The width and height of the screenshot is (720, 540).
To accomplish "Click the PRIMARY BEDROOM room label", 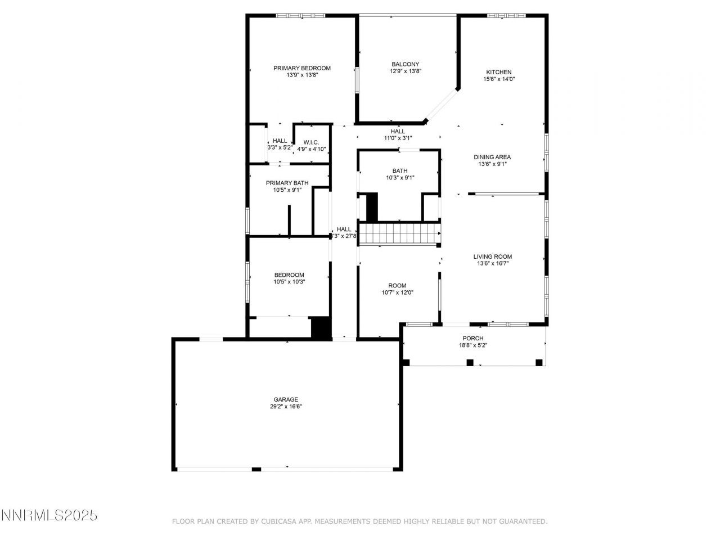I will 301,68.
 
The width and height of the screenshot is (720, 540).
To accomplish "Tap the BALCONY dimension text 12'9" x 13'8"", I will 405,71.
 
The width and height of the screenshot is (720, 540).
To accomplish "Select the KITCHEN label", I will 499,72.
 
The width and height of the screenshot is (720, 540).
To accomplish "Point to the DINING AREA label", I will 492,157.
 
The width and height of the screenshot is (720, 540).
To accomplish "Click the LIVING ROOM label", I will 492,256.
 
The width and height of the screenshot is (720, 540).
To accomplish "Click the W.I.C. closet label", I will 311,142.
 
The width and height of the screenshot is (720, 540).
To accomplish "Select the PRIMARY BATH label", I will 287,183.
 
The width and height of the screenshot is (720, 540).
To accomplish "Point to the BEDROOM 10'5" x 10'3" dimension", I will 289,282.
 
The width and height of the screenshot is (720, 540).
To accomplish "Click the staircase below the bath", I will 399,233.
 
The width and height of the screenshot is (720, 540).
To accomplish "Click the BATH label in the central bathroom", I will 400,170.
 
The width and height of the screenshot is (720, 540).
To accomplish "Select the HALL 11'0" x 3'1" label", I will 398,131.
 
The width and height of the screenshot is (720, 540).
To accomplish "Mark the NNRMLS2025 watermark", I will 49,515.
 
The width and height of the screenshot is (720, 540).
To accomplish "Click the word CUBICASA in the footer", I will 280,521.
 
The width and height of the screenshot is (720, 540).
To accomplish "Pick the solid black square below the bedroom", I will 321,328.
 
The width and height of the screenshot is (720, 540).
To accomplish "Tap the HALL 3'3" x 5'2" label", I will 280,141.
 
